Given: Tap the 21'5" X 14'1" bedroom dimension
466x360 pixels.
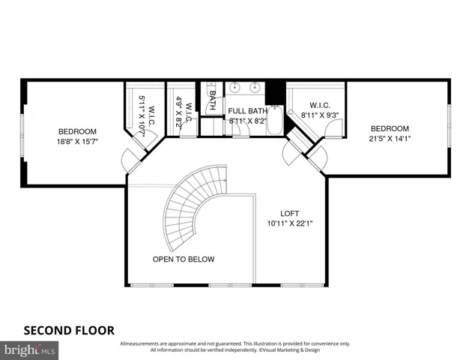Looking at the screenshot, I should click(x=390, y=138).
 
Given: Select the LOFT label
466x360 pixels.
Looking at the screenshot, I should click(x=289, y=213).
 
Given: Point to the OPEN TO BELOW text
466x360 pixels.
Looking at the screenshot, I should click(x=184, y=259).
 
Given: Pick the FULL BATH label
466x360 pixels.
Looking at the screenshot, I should click(x=247, y=110).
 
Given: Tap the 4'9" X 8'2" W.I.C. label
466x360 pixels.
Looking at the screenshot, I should click(x=184, y=112).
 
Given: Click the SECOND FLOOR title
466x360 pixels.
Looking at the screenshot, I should click(x=69, y=329).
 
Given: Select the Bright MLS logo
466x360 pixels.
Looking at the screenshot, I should click(x=30, y=349).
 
